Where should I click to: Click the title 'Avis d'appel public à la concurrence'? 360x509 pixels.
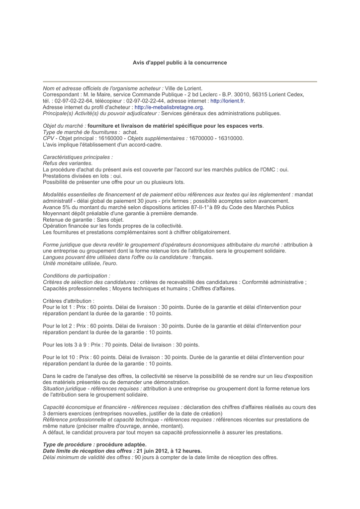tap(180, 63)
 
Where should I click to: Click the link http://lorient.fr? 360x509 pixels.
tap(227, 100)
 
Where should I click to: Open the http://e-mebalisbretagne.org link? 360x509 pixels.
tap(169, 107)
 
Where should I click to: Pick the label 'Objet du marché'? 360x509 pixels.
tap(64, 126)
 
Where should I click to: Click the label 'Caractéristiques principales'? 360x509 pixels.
tap(78, 157)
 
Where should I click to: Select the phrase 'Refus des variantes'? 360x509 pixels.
tap(67, 163)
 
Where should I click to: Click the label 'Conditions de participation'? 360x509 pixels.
tap(76, 275)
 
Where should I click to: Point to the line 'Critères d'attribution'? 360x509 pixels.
tap(69, 301)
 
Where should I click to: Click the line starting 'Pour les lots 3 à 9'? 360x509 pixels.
tap(121, 344)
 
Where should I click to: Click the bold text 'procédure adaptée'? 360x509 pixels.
tap(121, 444)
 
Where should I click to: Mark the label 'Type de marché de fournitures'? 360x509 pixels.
tap(81, 132)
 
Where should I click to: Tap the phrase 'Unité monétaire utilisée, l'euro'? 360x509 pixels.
tap(80, 263)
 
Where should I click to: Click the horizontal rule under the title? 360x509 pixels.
tap(180, 81)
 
